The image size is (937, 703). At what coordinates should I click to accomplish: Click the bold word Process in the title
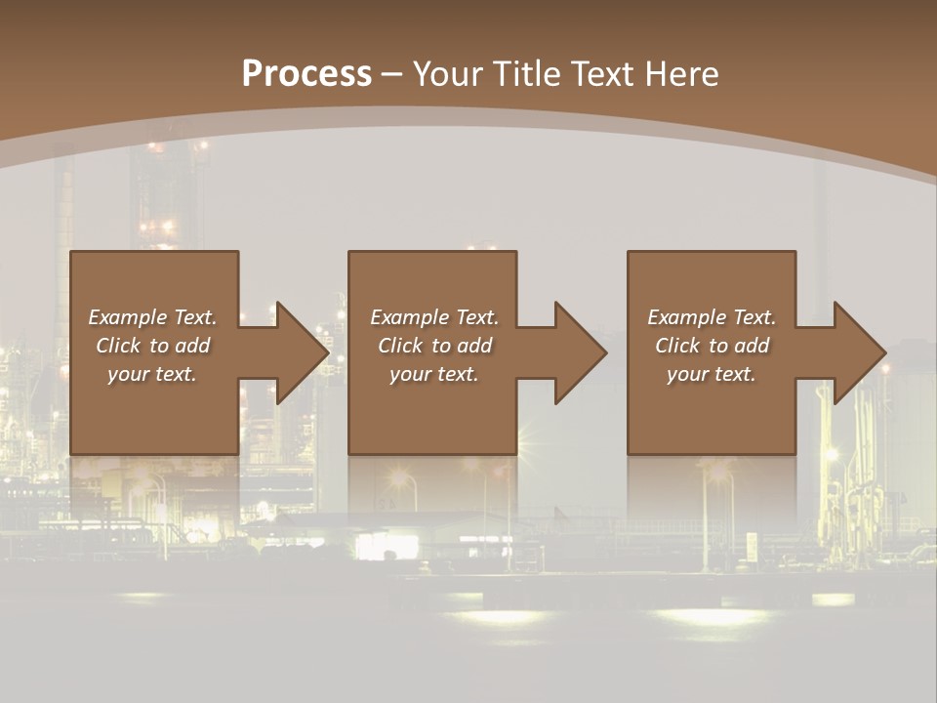[306, 73]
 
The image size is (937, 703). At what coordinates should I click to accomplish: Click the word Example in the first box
[128, 317]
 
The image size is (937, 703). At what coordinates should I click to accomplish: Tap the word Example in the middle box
[409, 317]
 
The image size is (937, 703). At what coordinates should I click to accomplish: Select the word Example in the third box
[686, 317]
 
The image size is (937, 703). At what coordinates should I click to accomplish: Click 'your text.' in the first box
[152, 374]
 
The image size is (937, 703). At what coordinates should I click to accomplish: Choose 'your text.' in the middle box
[433, 374]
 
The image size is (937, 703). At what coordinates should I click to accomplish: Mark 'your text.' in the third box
[711, 374]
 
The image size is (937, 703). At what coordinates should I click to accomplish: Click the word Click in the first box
[118, 346]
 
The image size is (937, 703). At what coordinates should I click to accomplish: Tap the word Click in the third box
[677, 346]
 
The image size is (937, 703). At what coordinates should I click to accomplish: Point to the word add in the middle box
[474, 346]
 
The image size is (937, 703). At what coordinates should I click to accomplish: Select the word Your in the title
[446, 73]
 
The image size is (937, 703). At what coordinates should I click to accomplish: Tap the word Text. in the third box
[755, 317]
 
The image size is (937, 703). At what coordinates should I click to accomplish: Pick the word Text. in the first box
[195, 317]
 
